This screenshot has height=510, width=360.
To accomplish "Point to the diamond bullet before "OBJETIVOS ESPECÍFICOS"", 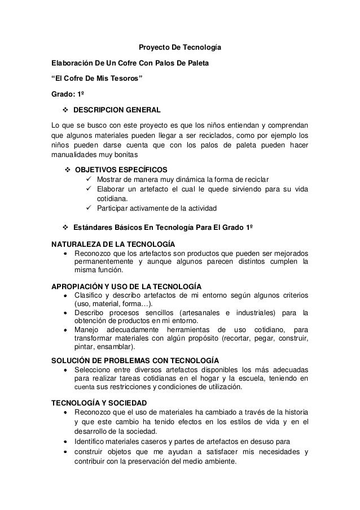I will (67, 169).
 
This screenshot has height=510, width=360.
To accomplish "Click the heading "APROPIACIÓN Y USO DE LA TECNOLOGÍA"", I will (127, 287).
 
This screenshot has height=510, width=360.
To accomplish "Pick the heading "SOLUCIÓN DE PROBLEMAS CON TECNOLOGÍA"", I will (136, 360).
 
